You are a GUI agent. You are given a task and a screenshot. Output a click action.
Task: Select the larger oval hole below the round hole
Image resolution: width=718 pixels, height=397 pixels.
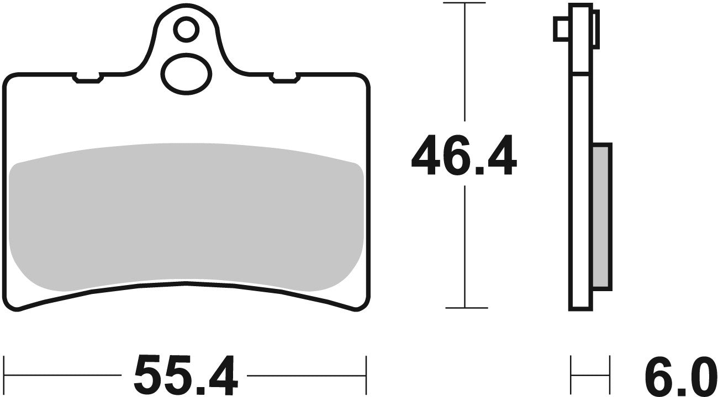click(186, 73)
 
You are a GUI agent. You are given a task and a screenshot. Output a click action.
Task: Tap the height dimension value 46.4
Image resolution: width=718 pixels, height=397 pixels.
click(464, 157)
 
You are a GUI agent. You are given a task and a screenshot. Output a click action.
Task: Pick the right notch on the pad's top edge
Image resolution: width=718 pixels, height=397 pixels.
click(284, 79)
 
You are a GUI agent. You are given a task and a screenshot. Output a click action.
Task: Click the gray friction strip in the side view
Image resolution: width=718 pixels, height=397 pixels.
click(601, 216)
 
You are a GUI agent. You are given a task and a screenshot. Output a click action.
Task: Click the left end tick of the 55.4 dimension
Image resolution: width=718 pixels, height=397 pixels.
click(5, 367)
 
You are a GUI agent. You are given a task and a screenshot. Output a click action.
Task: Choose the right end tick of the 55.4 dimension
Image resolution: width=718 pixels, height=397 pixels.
click(366, 367)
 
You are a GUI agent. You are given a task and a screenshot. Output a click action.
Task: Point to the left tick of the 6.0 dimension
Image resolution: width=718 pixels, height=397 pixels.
click(571, 367)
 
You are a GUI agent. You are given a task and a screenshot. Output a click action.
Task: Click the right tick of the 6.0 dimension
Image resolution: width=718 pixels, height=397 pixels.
click(609, 367)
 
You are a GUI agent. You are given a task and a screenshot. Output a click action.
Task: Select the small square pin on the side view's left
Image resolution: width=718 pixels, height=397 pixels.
click(561, 29)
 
